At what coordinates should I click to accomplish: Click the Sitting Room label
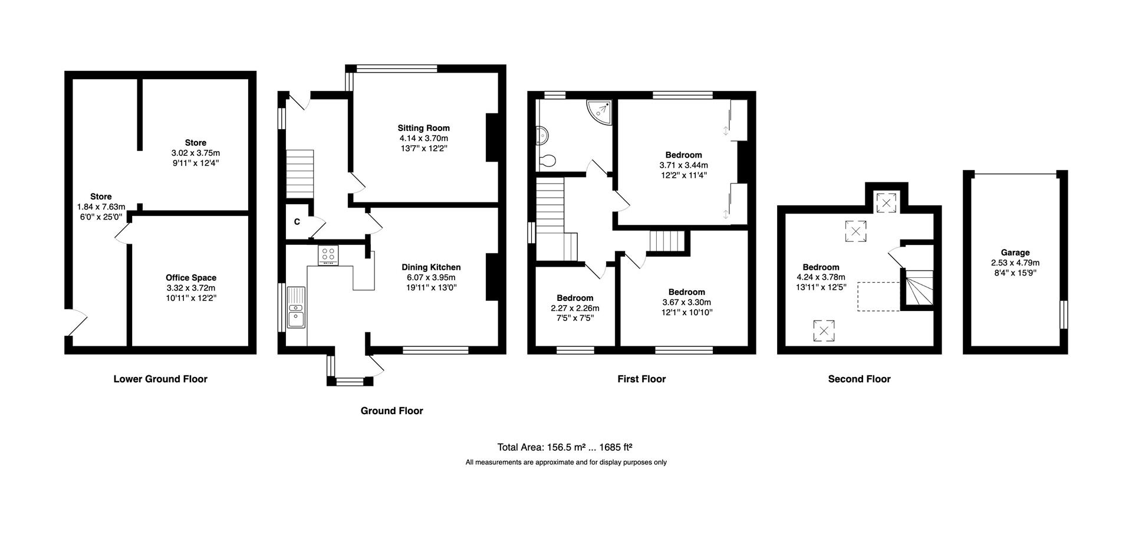click(423, 128)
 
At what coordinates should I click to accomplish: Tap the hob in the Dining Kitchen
click(328, 255)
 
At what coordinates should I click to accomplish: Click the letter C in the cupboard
click(297, 222)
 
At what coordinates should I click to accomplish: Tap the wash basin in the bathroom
click(541, 136)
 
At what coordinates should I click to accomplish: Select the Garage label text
click(1015, 253)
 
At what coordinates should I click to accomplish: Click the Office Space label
click(191, 278)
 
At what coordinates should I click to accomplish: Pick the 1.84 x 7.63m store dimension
click(101, 207)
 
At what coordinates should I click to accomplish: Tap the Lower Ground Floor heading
click(160, 379)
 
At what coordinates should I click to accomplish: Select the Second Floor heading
click(859, 379)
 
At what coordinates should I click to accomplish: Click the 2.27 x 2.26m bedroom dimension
click(575, 308)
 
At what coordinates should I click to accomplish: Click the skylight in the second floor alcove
click(886, 202)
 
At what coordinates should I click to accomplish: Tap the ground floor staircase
click(300, 173)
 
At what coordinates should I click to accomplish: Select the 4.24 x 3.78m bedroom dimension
click(821, 277)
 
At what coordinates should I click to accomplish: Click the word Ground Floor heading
click(391, 411)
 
